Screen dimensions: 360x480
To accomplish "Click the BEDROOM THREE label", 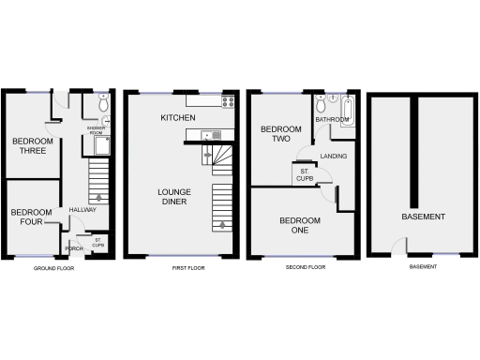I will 30,146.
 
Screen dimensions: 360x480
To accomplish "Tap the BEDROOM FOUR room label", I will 31,217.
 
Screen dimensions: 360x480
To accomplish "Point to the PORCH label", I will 74,248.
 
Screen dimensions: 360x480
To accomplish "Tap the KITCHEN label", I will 177,118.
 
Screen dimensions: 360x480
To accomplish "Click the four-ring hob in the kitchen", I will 226,101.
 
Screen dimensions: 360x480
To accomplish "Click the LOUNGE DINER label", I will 173,196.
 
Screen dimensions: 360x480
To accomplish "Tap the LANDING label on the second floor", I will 333,157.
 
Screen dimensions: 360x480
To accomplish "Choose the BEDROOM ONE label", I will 300,225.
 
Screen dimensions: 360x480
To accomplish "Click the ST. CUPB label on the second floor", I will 305,174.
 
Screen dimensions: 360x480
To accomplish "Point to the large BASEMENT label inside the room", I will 422,217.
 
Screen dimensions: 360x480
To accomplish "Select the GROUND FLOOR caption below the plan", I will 53,268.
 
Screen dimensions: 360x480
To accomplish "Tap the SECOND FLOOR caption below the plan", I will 306,268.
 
